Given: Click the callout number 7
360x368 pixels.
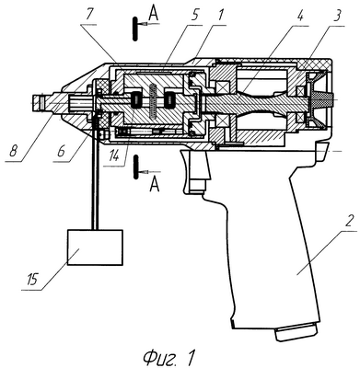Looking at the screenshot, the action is tap(89, 16).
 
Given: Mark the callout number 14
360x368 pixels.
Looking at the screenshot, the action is tap(113, 156).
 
